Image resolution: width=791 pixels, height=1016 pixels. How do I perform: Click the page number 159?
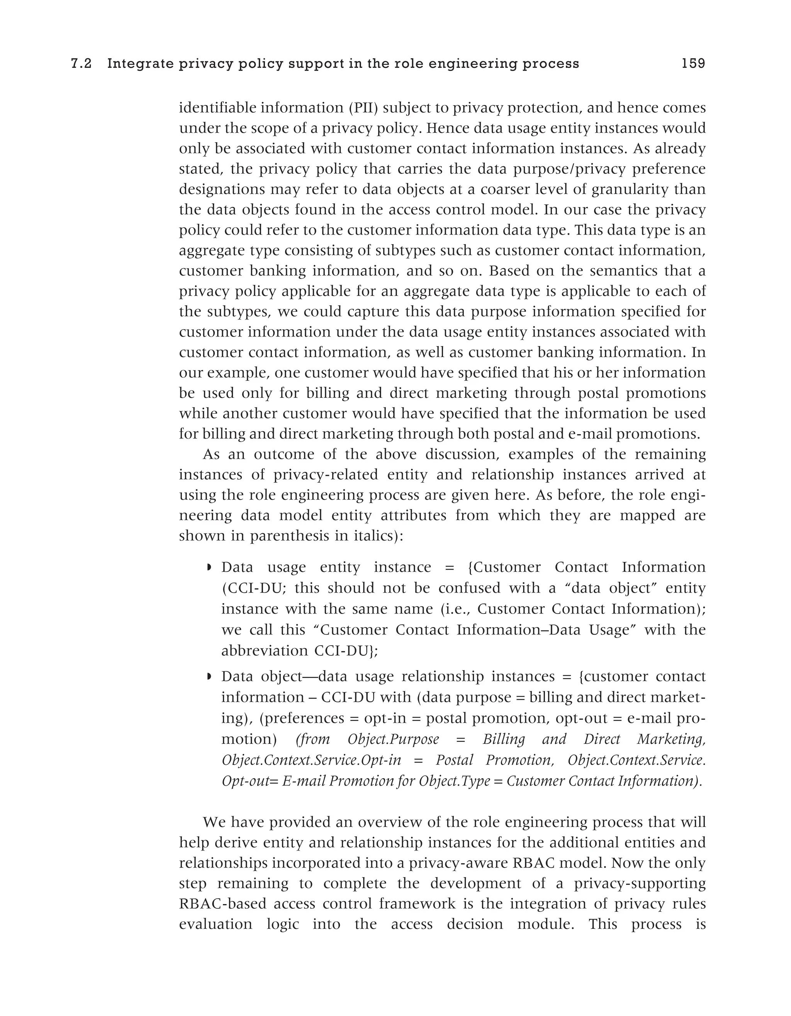[x=693, y=63]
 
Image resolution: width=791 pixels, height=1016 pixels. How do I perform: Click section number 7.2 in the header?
[x=81, y=64]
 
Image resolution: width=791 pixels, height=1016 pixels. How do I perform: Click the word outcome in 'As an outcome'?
[x=282, y=454]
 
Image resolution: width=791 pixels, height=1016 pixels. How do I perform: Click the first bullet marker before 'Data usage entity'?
[x=209, y=568]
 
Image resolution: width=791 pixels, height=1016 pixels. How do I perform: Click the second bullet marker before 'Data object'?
[x=209, y=676]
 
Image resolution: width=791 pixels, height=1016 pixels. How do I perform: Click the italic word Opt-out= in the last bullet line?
[x=250, y=780]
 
